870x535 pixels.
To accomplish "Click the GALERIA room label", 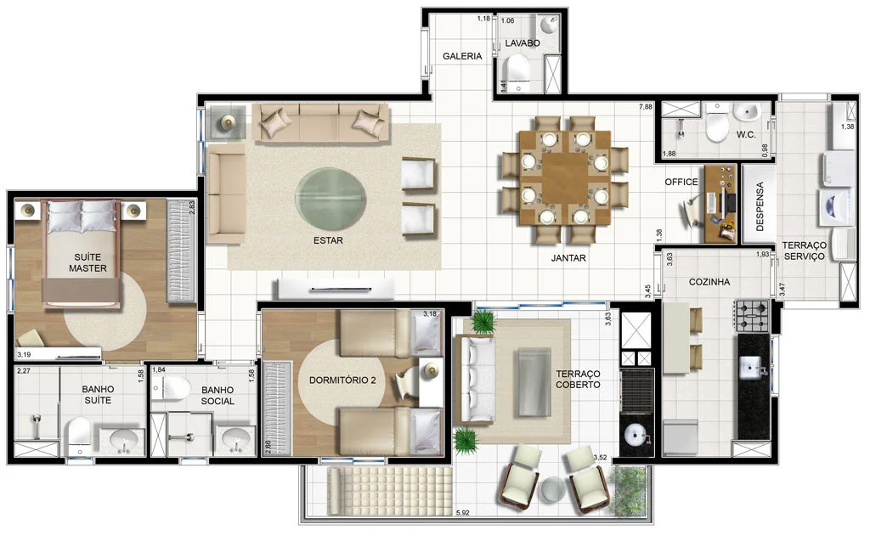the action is (462, 56).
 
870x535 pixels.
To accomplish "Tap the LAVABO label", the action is (523, 43).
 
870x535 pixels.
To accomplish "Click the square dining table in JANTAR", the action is (565, 177).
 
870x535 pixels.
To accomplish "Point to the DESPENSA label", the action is (760, 206).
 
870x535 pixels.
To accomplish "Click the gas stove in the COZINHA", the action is (753, 316).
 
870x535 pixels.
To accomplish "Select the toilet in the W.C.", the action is (716, 124).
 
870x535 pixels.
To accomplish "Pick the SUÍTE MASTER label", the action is (88, 262).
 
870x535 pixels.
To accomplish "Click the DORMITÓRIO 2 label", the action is (342, 380).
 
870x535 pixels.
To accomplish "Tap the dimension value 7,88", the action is (646, 107).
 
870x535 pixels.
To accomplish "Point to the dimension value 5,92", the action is (462, 513).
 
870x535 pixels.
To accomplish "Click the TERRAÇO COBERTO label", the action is (578, 380).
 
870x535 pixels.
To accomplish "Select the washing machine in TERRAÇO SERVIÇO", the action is (837, 208).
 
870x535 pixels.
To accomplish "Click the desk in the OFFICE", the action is (721, 204).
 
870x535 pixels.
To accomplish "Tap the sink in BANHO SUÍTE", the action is (124, 442).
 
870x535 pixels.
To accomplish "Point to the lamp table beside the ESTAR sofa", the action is (228, 122).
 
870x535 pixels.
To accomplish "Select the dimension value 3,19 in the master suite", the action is (24, 355).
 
